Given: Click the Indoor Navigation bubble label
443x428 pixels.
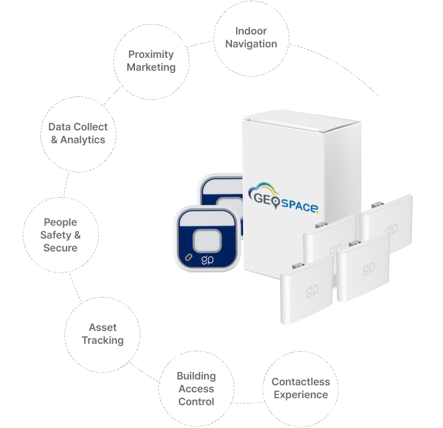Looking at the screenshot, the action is [x=251, y=37].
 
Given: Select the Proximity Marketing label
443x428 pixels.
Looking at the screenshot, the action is [x=151, y=61].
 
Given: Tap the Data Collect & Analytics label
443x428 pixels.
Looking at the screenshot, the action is [x=78, y=133].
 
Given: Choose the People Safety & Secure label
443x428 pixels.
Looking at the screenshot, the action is [x=60, y=235].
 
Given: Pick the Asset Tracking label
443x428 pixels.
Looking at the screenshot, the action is [x=102, y=334].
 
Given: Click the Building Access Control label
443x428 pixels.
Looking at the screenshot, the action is [x=196, y=389].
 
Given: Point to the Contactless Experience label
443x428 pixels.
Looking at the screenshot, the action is [x=300, y=388].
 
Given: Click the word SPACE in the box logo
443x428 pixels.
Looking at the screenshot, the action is [x=299, y=205].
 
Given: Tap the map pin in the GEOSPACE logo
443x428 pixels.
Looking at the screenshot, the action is [x=276, y=202].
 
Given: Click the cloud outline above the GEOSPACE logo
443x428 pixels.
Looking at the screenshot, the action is [x=263, y=188].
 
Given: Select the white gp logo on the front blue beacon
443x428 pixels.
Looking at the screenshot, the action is [x=207, y=260].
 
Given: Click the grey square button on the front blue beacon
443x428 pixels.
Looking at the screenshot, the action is [x=207, y=241].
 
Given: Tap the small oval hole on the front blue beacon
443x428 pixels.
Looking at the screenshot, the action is [x=188, y=257].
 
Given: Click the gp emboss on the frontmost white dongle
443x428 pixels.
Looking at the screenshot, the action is [x=312, y=291].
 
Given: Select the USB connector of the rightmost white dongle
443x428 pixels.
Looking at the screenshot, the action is [x=377, y=205].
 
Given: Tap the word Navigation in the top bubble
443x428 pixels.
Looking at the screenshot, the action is [x=251, y=44].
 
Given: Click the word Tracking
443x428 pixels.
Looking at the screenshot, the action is [x=102, y=340].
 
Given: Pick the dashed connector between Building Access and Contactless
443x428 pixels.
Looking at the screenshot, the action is [x=248, y=402].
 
